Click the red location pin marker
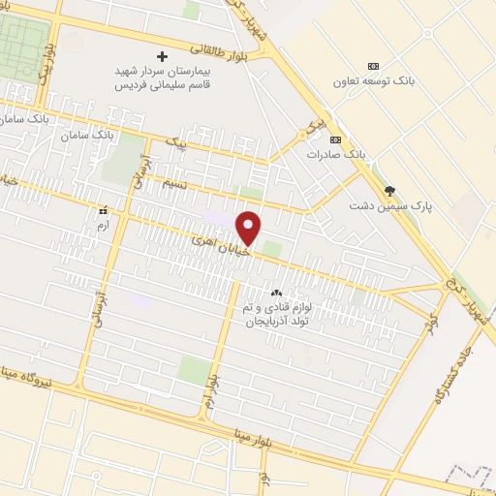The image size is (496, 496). click(249, 228)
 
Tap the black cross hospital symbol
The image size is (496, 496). click(162, 55)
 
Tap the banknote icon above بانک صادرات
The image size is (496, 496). click(336, 139)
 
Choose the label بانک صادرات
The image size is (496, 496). click(336, 154)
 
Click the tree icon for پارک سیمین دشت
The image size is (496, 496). click(389, 191)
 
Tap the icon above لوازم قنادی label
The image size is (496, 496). click(276, 292)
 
